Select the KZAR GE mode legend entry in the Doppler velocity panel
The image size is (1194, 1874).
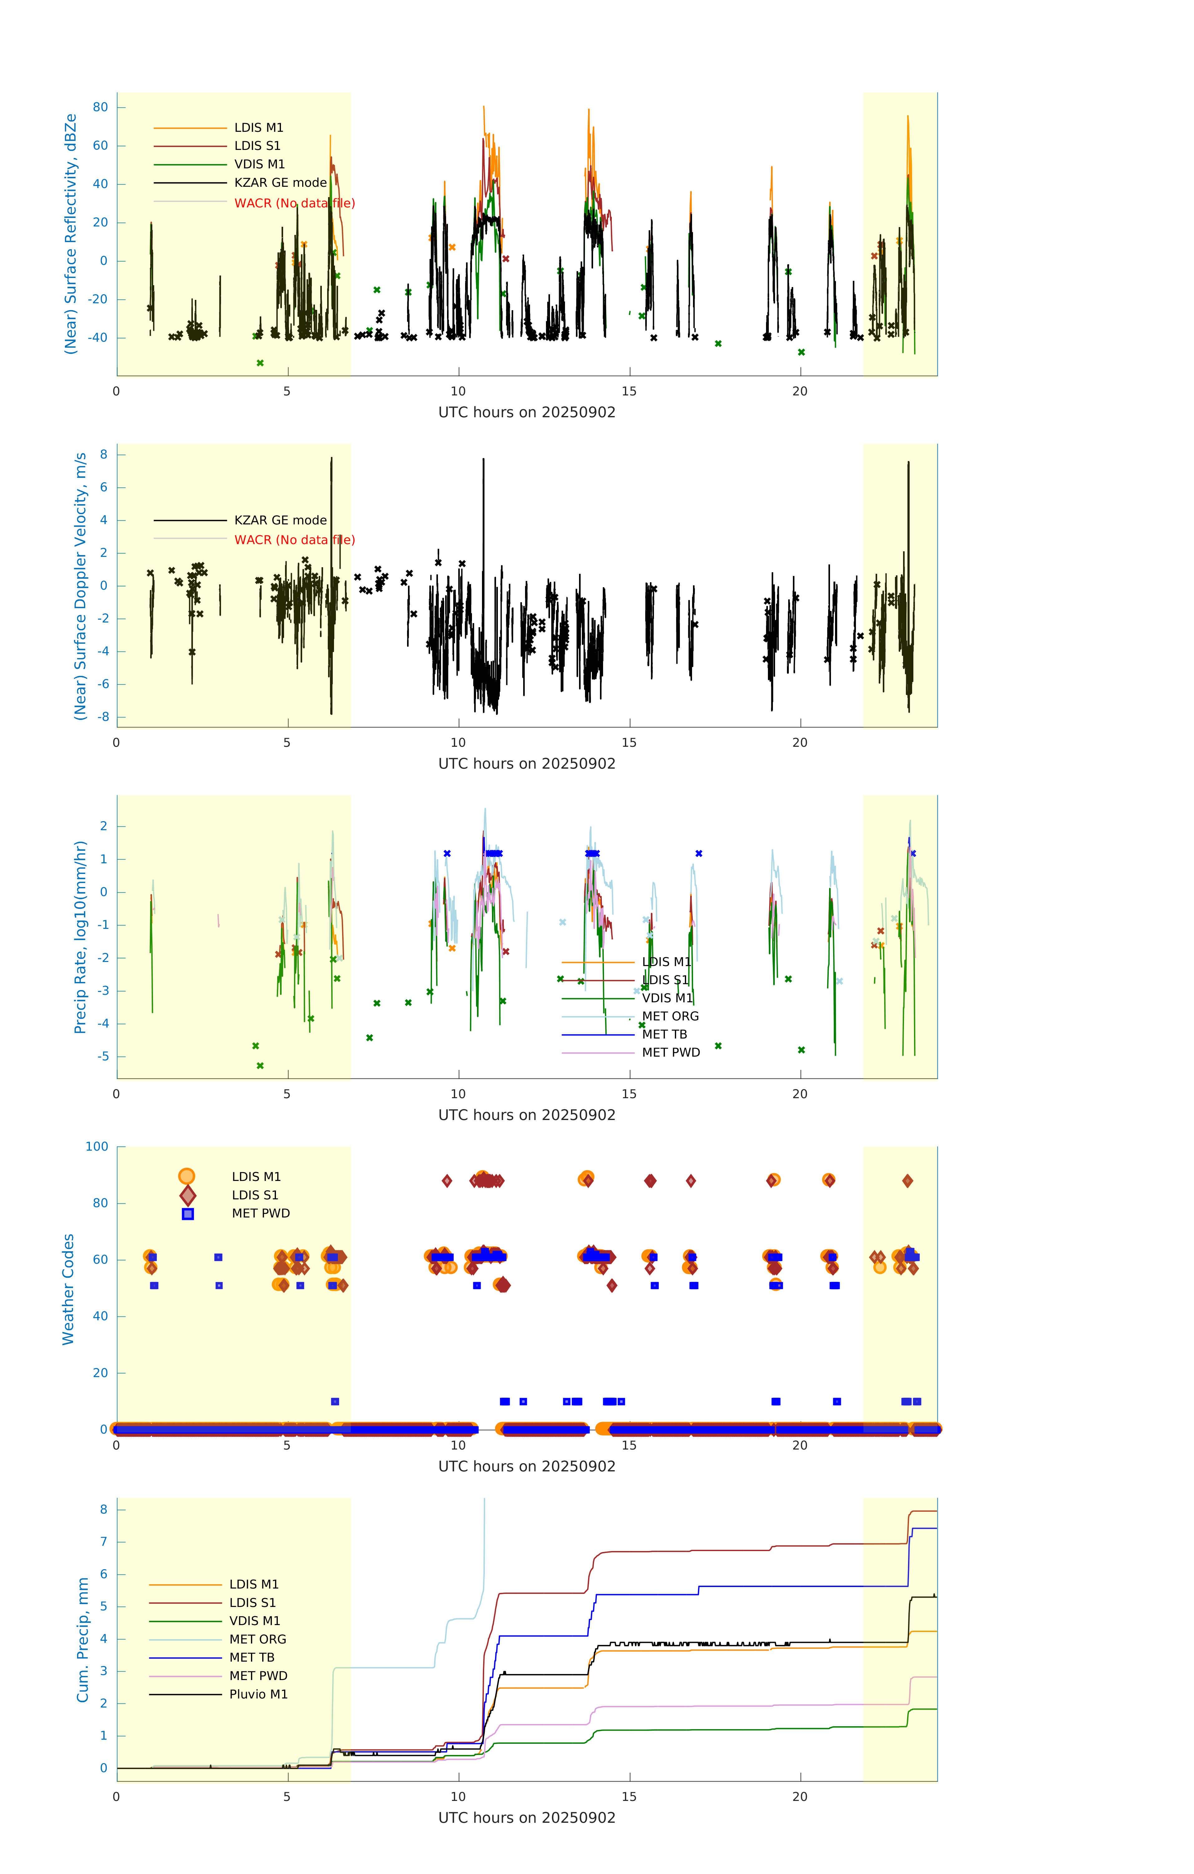click(x=280, y=520)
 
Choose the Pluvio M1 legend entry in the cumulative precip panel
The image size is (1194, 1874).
click(x=258, y=1694)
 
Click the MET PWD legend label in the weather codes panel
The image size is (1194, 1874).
click(x=261, y=1213)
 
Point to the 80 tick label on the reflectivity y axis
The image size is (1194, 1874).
click(x=100, y=107)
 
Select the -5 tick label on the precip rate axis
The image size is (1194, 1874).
click(x=103, y=1056)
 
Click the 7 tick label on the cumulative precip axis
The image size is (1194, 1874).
click(x=103, y=1542)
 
